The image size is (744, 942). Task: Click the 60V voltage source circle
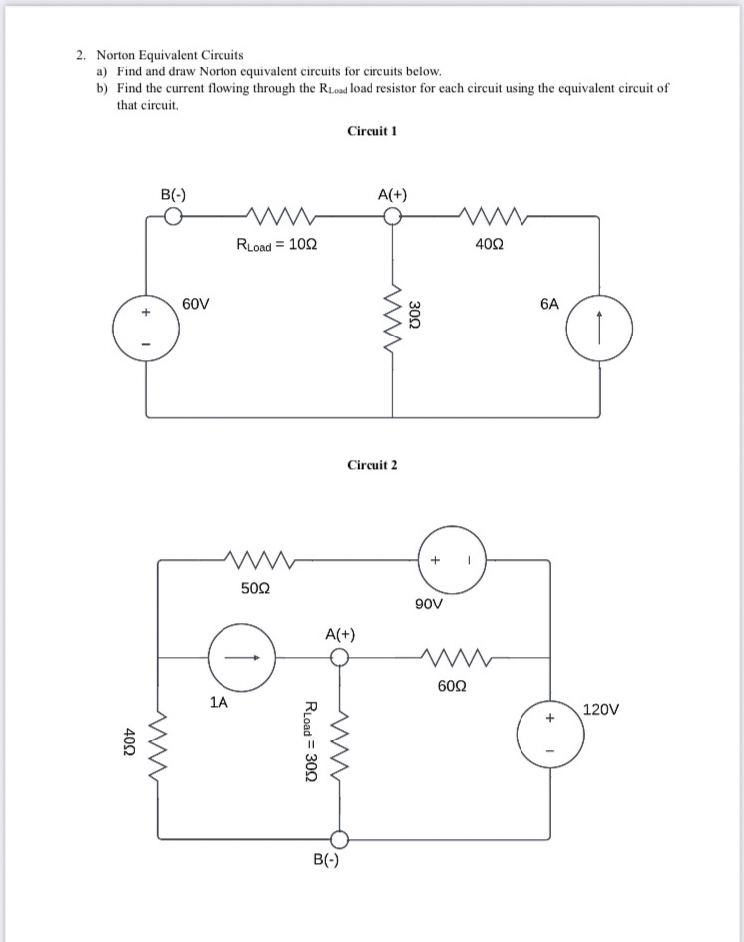(x=146, y=328)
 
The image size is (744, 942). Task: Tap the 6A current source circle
(x=600, y=328)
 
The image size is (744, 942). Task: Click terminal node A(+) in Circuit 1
(x=394, y=217)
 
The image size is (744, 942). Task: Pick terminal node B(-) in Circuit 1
(x=173, y=217)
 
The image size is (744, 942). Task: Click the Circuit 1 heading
(x=372, y=131)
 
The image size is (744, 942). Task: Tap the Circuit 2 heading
(x=372, y=465)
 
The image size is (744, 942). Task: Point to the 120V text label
(x=602, y=710)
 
